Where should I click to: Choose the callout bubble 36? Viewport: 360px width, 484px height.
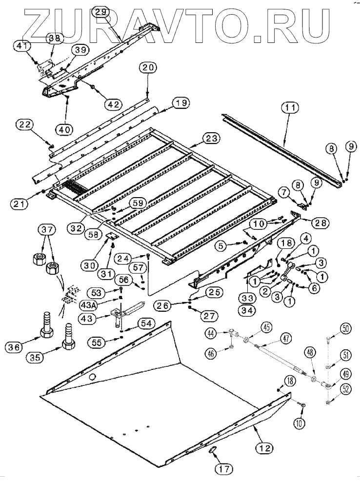coord(15,348)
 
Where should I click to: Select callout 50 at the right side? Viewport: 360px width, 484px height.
coord(345,329)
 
